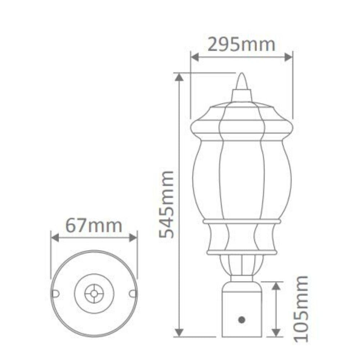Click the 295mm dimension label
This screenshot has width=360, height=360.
[x=242, y=45]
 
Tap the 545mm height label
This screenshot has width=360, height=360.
[x=167, y=205]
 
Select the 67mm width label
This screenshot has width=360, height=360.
[x=94, y=226]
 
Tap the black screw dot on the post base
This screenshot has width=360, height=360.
[x=242, y=319]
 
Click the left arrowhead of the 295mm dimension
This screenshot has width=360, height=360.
[x=194, y=57]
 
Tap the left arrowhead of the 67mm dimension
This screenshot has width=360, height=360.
[x=54, y=237]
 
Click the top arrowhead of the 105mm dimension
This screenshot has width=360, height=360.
[x=276, y=285]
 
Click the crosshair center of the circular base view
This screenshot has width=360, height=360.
[x=94, y=293]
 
